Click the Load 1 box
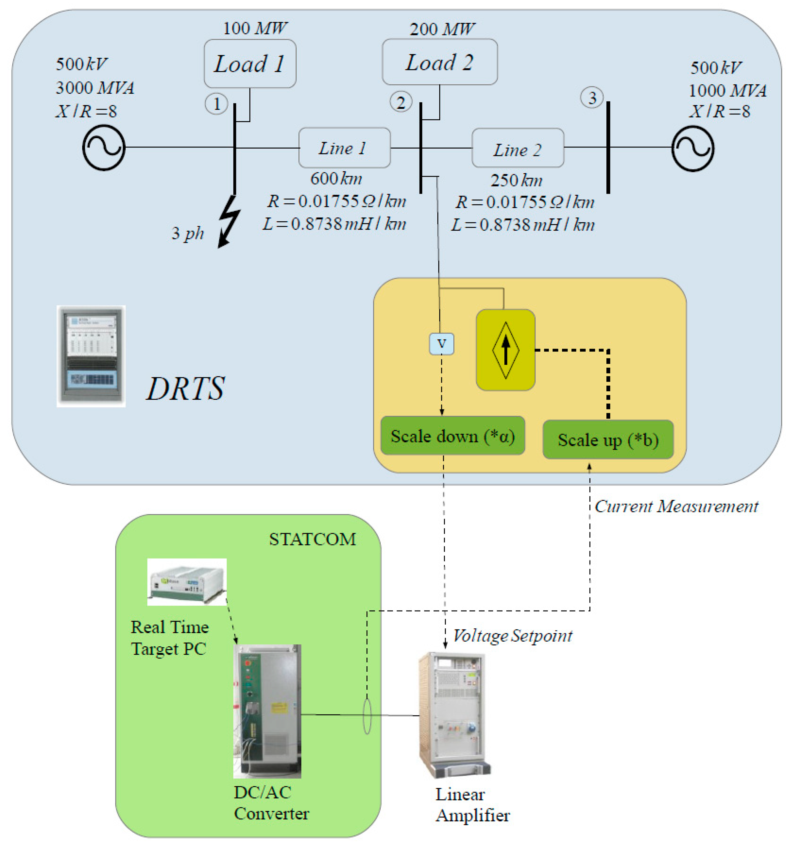(250, 64)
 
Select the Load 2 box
(439, 62)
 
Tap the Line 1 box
(344, 147)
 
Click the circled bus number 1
(216, 103)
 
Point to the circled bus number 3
(592, 98)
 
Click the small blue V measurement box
(441, 344)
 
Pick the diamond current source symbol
(506, 350)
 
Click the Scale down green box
(452, 435)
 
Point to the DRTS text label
(185, 388)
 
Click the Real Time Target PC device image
(187, 582)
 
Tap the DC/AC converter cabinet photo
(267, 711)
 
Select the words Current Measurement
(676, 507)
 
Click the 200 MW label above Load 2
(442, 29)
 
